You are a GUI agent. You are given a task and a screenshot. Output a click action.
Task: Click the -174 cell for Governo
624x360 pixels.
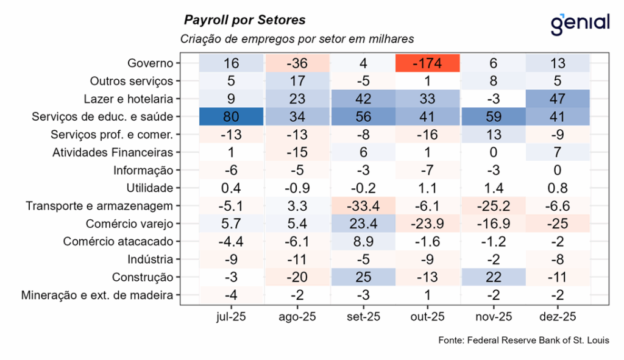coord(427,63)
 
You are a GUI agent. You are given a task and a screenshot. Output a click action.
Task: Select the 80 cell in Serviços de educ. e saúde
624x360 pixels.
coord(231,116)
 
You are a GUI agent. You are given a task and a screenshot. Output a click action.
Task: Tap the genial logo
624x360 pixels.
coord(579,23)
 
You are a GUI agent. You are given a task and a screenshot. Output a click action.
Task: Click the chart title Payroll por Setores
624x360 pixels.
coord(245,20)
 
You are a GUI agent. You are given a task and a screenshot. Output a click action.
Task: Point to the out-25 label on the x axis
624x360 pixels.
coord(427,317)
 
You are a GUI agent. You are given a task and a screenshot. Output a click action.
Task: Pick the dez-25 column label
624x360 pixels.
coord(558,317)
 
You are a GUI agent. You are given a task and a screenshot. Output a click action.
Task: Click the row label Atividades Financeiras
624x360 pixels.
coord(113,152)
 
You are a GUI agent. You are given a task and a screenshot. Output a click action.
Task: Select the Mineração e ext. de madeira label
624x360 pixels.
coord(101,296)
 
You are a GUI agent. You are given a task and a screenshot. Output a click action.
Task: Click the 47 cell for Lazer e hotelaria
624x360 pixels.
coord(558,99)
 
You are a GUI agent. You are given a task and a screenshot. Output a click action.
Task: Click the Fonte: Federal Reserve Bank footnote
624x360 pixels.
coord(523,340)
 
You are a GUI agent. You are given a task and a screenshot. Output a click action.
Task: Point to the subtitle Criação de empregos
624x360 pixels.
coord(297,39)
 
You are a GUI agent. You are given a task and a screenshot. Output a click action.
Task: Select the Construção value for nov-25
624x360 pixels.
coord(492,278)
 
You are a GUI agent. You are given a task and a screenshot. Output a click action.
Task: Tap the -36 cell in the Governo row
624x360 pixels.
coord(296,63)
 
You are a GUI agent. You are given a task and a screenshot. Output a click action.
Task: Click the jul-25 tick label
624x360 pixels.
coord(231,317)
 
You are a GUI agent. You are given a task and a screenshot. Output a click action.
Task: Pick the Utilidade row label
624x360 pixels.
coord(149,188)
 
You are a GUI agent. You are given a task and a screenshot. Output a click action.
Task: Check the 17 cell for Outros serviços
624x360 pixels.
coord(296,81)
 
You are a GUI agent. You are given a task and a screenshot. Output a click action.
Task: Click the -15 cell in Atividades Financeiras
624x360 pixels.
coord(296,152)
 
